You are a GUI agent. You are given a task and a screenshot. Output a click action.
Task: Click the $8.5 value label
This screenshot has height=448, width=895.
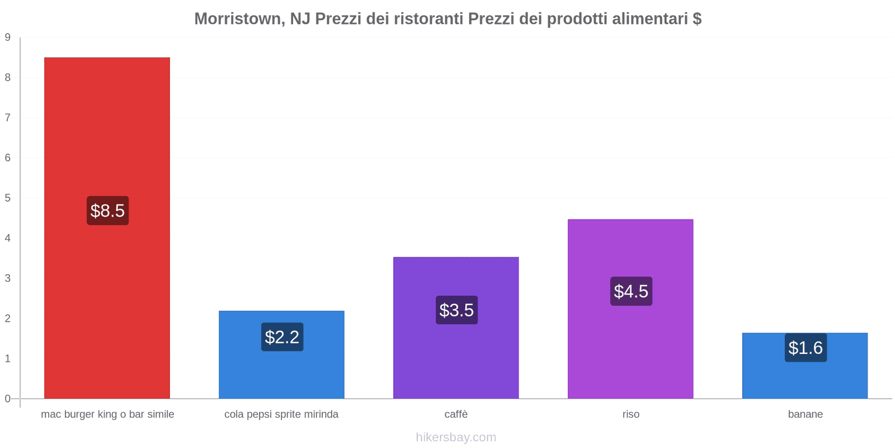(x=107, y=211)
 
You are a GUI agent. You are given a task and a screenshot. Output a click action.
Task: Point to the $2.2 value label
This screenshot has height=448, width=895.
(x=282, y=337)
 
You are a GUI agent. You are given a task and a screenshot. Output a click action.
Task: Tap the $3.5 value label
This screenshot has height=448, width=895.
(x=456, y=310)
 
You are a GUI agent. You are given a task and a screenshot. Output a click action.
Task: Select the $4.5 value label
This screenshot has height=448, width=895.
(x=631, y=291)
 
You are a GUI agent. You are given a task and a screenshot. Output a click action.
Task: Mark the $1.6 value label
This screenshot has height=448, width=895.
(x=805, y=348)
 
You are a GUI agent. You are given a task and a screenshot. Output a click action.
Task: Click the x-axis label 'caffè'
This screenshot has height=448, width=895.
(x=456, y=414)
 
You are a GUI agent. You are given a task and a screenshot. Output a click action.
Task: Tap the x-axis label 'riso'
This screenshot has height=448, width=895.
(x=630, y=414)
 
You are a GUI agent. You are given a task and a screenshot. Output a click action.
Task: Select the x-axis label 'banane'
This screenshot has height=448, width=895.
(x=805, y=414)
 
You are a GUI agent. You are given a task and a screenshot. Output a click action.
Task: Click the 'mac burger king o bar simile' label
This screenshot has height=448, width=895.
(x=107, y=414)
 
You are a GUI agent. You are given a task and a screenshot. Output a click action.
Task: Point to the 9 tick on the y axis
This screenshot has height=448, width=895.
(x=8, y=38)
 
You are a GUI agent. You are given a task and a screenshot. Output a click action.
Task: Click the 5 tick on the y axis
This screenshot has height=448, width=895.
(x=8, y=198)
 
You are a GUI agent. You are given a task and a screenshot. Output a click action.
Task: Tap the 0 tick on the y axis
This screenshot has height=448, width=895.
(x=8, y=399)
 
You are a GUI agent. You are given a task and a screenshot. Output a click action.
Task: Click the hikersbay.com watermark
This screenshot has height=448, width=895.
(x=456, y=437)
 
